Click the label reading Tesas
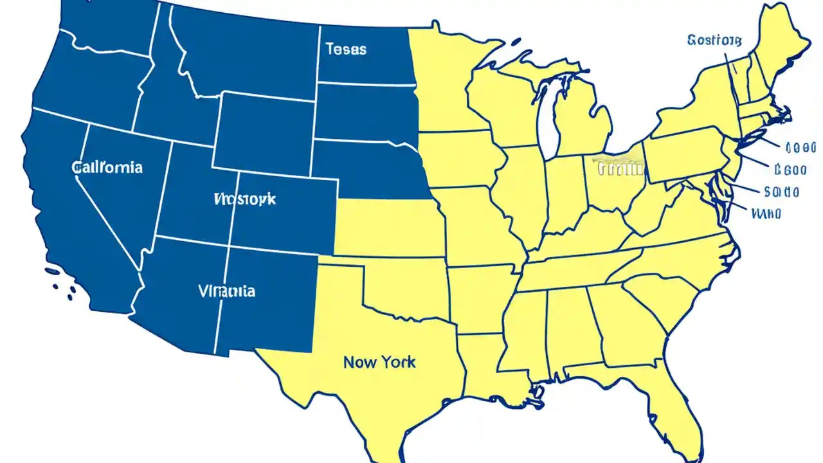pos(346,49)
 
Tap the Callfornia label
pos(107,168)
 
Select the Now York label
pos(379,362)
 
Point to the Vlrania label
pos(226,291)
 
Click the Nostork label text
pos(244,199)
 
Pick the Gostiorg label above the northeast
pos(714,41)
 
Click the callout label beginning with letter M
pos(766,213)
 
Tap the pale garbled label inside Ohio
pos(620,169)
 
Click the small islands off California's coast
pos(61,283)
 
